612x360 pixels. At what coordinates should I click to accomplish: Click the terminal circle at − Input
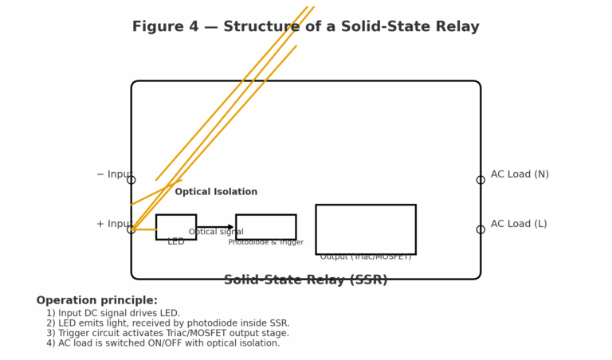point(131,180)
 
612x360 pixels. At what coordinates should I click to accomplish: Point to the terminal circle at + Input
point(131,229)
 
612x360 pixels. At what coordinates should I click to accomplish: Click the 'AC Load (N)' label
point(520,174)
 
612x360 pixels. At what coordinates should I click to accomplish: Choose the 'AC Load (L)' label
point(519,224)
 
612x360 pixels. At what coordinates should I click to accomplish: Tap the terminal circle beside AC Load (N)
point(481,180)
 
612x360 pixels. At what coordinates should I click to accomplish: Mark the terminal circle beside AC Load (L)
point(481,229)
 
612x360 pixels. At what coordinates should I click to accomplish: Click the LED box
point(176,226)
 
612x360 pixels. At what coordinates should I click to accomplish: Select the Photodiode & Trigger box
point(265,226)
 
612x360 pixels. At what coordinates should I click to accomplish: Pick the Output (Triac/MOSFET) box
point(365,229)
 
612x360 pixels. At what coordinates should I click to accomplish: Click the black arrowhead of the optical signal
point(232,227)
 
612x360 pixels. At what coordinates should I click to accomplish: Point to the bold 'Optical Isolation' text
point(216,192)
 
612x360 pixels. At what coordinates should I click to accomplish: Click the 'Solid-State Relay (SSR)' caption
point(305,280)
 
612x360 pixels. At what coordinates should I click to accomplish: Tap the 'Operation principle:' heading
point(96,301)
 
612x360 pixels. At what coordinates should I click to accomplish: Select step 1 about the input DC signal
point(113,314)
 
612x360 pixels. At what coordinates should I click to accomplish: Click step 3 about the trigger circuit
point(167,334)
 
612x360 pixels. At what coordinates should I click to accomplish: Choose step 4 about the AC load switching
point(163,343)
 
